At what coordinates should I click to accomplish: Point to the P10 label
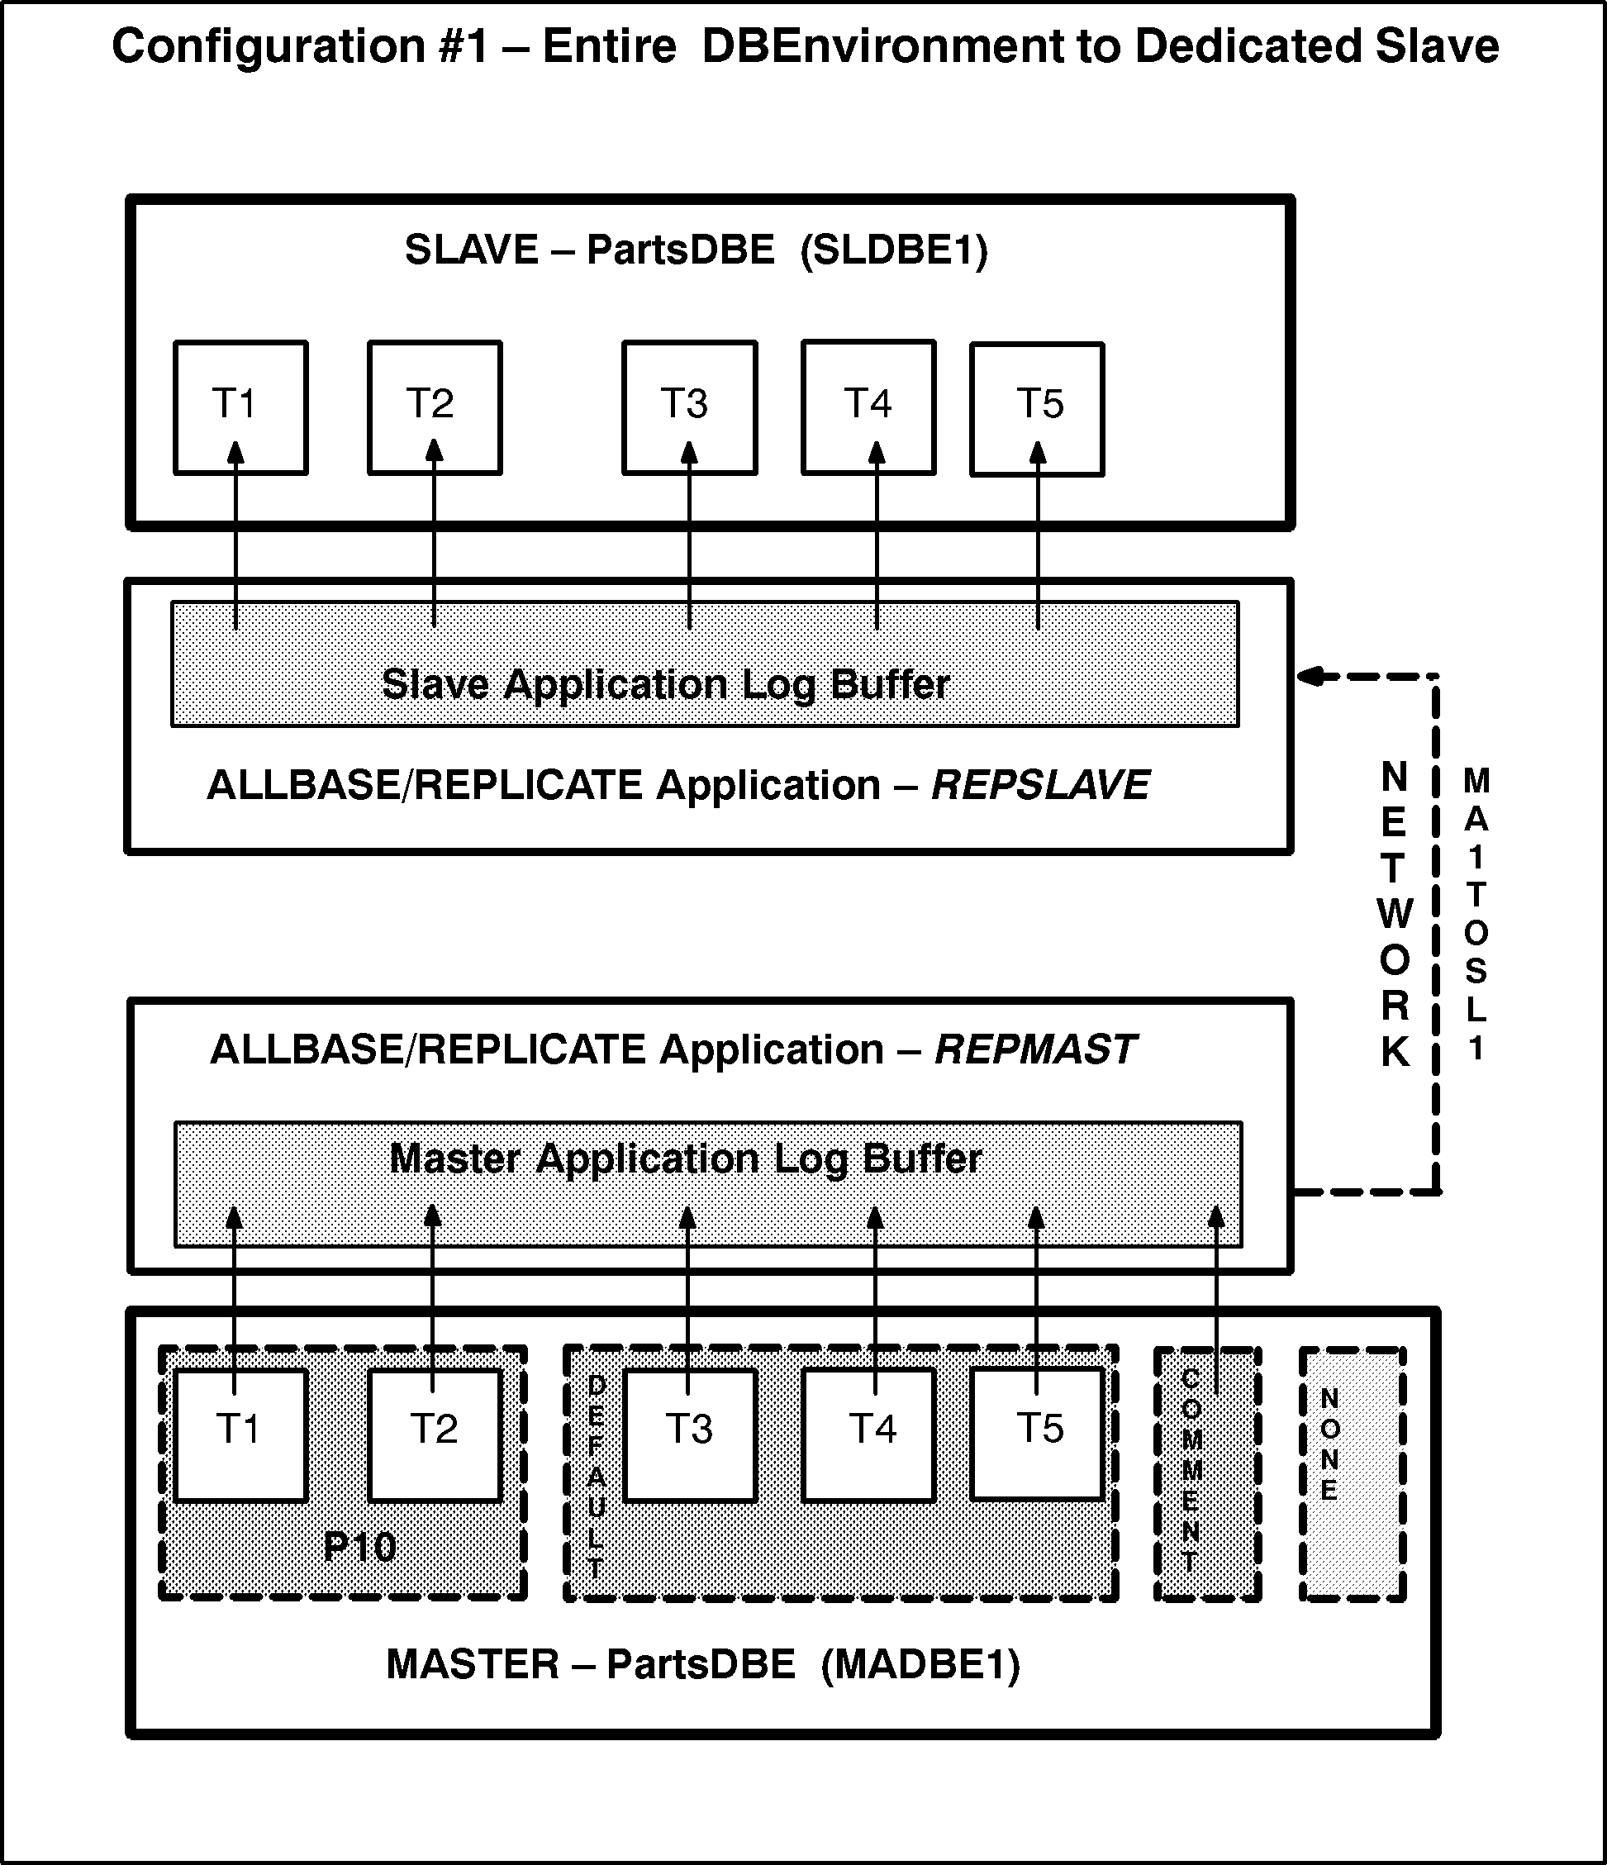pos(360,1547)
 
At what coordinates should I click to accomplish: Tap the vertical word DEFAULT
pos(596,1476)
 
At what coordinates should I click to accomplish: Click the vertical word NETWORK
pos(1394,915)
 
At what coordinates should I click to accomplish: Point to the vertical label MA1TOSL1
pos(1476,915)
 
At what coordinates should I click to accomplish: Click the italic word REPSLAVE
pos(1040,786)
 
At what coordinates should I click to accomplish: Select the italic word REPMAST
pos(1034,1049)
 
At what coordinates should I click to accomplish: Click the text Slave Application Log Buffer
pos(666,685)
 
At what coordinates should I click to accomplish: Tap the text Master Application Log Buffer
pos(686,1158)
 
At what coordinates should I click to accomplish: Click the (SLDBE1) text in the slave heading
pos(893,250)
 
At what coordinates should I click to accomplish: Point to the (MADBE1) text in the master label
pos(920,1664)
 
